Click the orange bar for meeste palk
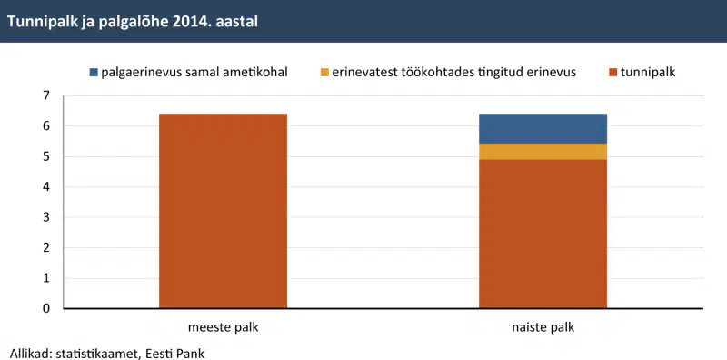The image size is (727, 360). point(223,211)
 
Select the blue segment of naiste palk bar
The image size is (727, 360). point(543,128)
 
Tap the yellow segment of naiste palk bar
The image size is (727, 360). point(543,152)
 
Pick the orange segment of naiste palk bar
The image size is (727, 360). point(543,234)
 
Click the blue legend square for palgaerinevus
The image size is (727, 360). point(94,73)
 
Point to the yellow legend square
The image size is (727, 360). point(324,73)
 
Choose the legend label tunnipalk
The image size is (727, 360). point(649,73)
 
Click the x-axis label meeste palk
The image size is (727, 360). point(223,327)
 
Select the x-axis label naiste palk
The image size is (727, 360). point(543,327)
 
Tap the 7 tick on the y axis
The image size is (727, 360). point(45,96)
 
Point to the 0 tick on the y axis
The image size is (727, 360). point(45,308)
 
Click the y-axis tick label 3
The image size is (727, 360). point(45,217)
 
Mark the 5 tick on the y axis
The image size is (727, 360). point(45,156)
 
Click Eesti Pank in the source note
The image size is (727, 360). point(174,353)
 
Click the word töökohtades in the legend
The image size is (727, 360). point(432,73)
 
